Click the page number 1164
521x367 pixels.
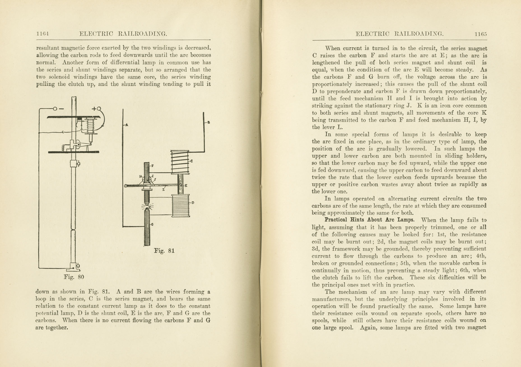point(43,34)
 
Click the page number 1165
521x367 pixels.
point(481,34)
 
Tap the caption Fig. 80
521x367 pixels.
point(74,277)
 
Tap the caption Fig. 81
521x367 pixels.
point(164,251)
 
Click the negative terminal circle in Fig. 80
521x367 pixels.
point(55,109)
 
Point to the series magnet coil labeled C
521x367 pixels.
point(180,162)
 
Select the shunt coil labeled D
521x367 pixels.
point(181,206)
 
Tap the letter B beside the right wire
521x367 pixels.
point(209,122)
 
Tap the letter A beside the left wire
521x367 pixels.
point(127,125)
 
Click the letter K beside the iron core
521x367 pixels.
point(186,185)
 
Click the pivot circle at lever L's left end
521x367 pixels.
point(126,186)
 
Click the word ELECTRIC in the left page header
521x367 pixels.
point(96,34)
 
